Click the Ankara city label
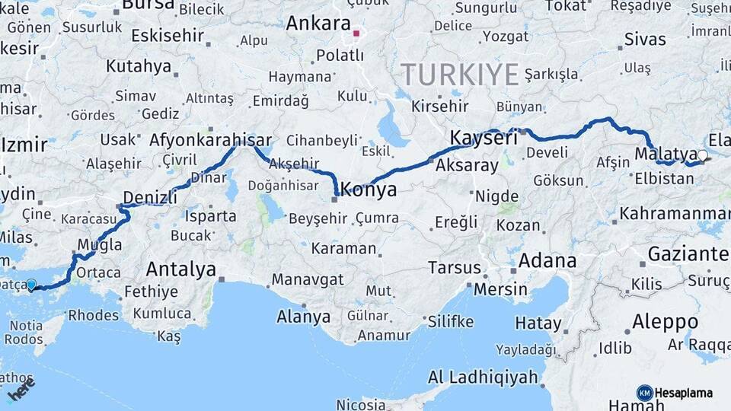[x=318, y=24]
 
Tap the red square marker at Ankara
[x=356, y=33]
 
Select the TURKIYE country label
[x=460, y=75]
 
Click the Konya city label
[x=369, y=190]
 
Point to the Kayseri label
[x=484, y=139]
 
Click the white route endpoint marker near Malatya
[x=702, y=155]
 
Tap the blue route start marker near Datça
[x=31, y=285]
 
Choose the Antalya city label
[x=180, y=269]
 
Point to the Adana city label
[x=547, y=261]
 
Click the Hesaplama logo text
[x=684, y=393]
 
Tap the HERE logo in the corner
[x=21, y=390]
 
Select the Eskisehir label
[x=168, y=36]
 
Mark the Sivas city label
[x=644, y=39]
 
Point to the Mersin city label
[x=500, y=289]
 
